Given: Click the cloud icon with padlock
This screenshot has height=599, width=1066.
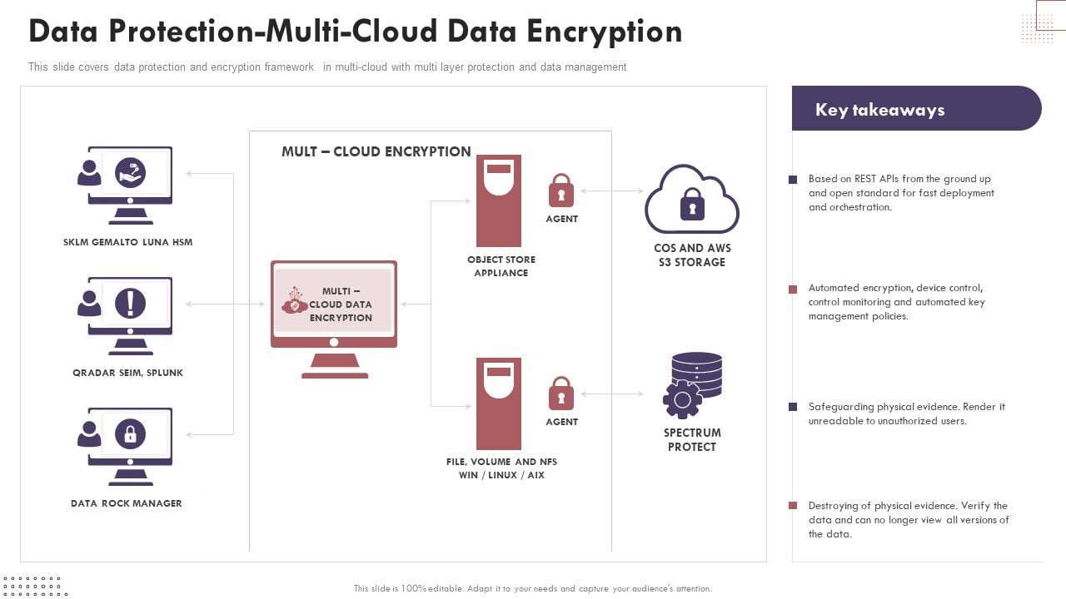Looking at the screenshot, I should pos(691,200).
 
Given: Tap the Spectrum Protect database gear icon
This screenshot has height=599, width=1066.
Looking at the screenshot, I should pos(692,386).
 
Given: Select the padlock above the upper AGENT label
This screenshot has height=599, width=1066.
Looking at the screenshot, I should pos(561,191).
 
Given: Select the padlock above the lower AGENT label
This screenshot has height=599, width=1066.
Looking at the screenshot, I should pos(561,394).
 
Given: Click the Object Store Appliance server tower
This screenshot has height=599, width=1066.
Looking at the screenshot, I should pos(499,200).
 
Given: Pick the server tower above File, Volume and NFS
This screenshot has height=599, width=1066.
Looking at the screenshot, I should pos(499,403).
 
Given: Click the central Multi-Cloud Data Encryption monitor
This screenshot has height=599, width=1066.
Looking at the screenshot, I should pos(334,308).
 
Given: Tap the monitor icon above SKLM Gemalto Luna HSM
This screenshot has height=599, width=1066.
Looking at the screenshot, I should pos(129,179).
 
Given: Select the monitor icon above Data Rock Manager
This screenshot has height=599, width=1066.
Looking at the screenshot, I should pos(129,440).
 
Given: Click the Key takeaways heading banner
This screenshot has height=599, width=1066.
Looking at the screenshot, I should pos(916,109).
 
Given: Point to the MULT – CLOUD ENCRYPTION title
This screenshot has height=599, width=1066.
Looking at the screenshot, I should pos(376,151).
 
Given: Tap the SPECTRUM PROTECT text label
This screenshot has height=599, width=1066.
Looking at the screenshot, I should pos(691,440).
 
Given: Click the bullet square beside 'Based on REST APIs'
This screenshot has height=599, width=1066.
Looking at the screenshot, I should pos(793,180).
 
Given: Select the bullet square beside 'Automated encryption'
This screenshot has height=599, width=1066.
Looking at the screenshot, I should pos(793,289).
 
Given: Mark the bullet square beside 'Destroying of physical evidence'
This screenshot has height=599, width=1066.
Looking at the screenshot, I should pos(793,506).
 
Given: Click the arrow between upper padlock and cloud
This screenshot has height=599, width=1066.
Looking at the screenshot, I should pos(611,191).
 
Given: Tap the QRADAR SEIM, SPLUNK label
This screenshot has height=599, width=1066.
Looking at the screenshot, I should pos(127,373).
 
